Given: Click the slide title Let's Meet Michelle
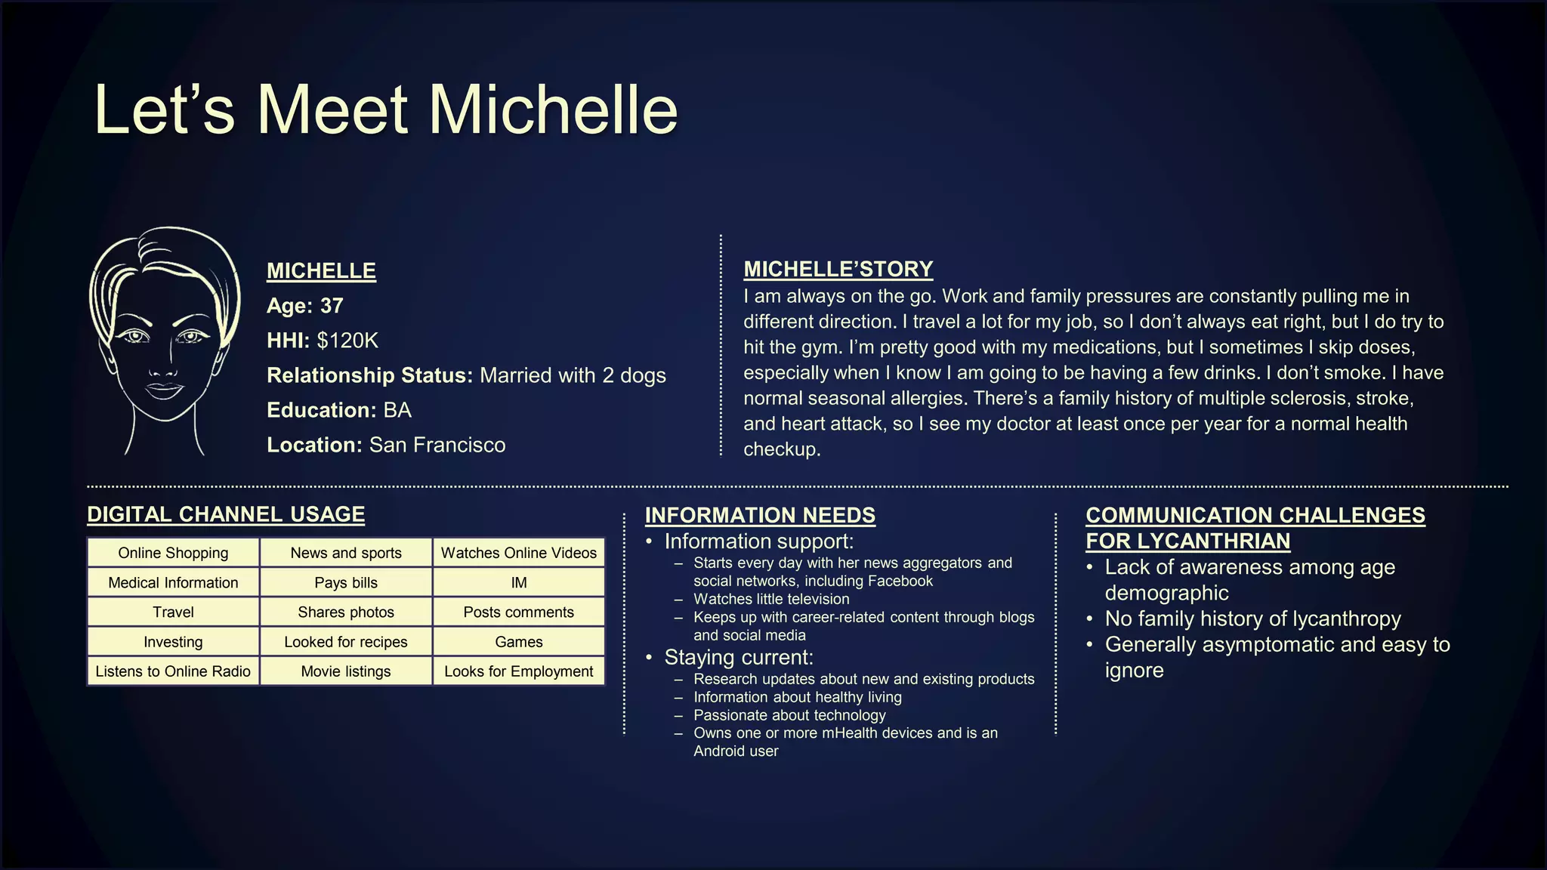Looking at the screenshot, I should coord(385,110).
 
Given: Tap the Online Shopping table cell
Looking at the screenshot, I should coord(173,553).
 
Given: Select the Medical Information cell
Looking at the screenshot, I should coord(173,582).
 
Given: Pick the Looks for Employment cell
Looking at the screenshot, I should coord(518,671).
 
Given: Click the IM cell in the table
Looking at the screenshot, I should coord(518,582).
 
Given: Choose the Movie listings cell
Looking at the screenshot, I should coord(345,671).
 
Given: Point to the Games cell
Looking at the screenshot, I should coord(518,642).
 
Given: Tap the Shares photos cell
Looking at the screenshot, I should coord(345,612).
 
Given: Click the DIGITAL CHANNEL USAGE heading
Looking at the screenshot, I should coord(226,514).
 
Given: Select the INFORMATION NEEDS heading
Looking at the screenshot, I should coord(760,515).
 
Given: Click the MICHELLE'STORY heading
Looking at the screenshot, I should coord(838,269).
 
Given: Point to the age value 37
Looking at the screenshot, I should coord(332,306).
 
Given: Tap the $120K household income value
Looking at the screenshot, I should coord(347,341).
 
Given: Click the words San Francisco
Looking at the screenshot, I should coord(437,445).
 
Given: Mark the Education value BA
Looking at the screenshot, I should coord(397,410).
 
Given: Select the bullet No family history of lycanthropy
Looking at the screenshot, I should coord(1252,619).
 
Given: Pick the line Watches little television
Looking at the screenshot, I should coord(771,599).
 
